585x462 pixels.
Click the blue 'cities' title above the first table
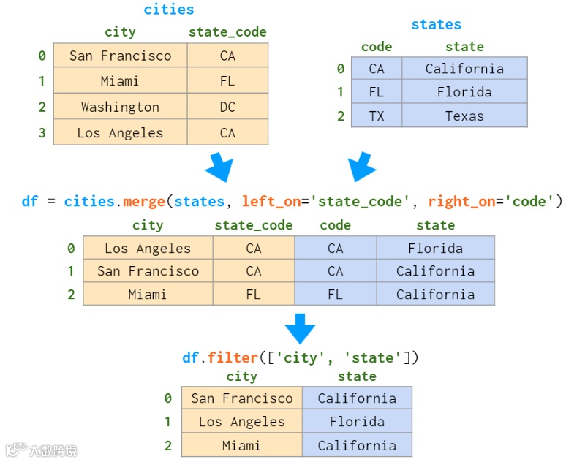169,10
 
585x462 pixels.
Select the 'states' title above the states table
436,25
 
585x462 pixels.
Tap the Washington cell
120,107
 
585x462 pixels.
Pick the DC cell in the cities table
227,107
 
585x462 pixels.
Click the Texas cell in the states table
464,116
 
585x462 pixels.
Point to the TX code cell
377,116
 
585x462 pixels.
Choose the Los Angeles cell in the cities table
120,133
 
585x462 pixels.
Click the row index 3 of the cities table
42,133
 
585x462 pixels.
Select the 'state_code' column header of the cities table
227,32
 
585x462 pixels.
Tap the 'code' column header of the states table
377,47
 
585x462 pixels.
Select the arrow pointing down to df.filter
299,328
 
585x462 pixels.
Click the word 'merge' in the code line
144,201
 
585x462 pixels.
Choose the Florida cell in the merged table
435,249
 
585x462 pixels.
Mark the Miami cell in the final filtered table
241,445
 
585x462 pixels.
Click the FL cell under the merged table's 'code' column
335,295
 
